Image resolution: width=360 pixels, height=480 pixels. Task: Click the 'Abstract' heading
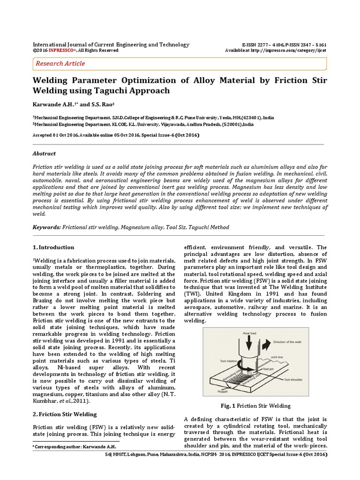pyautogui.click(x=44, y=153)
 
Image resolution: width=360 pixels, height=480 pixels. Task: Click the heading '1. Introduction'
pyautogui.click(x=53, y=247)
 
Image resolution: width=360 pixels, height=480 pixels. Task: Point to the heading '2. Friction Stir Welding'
pyautogui.click(x=65, y=414)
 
